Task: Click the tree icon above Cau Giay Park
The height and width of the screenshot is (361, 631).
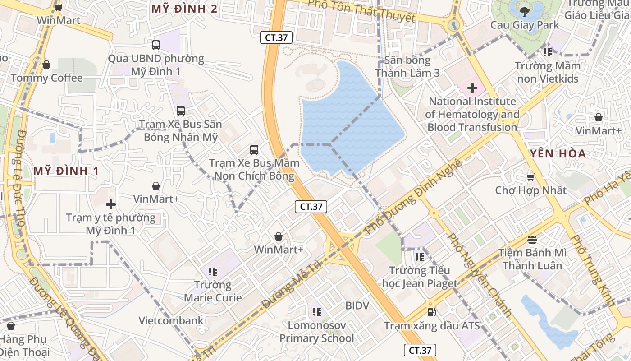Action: point(524,12)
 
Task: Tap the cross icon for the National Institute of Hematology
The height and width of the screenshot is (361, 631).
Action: point(472,88)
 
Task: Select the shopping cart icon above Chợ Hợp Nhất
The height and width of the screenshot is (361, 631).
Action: point(530,176)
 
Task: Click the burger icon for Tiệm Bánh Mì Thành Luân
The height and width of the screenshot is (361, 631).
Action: point(532,239)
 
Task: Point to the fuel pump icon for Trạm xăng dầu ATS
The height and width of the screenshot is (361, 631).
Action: point(431,312)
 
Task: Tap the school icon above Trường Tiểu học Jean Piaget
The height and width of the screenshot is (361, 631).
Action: point(420,257)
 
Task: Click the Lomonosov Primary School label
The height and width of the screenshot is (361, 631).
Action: point(316,332)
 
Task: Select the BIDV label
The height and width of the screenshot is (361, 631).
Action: point(357,305)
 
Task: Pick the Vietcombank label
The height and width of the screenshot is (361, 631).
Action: point(171,321)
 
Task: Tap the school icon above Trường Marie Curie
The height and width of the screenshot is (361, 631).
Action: point(213,272)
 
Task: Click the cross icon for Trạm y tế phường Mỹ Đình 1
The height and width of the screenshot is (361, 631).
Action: point(110,204)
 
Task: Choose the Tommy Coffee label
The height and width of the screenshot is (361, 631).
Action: point(47,78)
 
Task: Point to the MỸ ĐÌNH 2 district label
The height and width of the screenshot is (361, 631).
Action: point(184,9)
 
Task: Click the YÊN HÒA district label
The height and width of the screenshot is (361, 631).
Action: point(558,153)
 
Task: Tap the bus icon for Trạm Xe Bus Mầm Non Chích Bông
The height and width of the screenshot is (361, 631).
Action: point(254,149)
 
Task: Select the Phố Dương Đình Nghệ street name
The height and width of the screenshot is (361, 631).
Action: point(414,197)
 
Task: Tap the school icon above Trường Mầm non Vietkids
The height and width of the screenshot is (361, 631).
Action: point(548,52)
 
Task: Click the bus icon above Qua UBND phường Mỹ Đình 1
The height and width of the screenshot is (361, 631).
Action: point(156,45)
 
